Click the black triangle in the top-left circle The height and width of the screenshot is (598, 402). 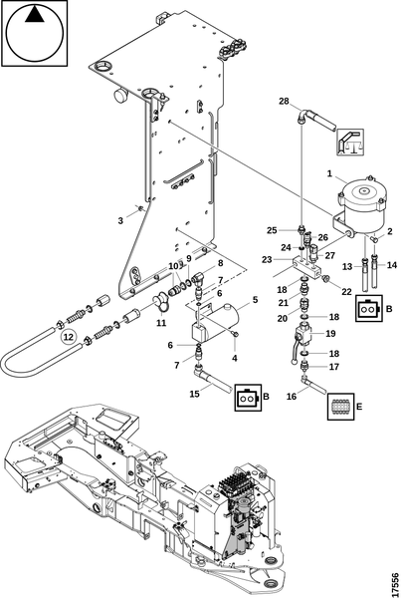click(34, 15)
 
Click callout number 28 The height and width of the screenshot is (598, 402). click(284, 101)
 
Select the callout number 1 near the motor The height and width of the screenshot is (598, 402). click(329, 173)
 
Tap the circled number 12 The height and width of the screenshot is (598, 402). click(68, 337)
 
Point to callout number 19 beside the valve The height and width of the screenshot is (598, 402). click(330, 334)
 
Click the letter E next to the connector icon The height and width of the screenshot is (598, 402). click(359, 407)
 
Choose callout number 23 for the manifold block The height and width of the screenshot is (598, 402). click(268, 260)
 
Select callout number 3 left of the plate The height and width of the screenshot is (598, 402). click(120, 220)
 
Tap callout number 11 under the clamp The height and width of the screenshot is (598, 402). click(161, 323)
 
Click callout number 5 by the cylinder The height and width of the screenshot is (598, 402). click(255, 300)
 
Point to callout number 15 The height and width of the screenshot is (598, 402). click(194, 394)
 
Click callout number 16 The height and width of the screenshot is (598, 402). click(292, 397)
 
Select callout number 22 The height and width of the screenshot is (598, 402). click(346, 291)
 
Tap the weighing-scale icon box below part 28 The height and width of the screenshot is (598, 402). click(350, 142)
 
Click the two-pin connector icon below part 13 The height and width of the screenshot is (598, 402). click(368, 309)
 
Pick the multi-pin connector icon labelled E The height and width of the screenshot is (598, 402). click(340, 407)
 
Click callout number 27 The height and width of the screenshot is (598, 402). click(330, 255)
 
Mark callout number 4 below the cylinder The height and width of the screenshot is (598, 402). click(235, 359)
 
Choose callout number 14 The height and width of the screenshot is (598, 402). click(392, 265)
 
